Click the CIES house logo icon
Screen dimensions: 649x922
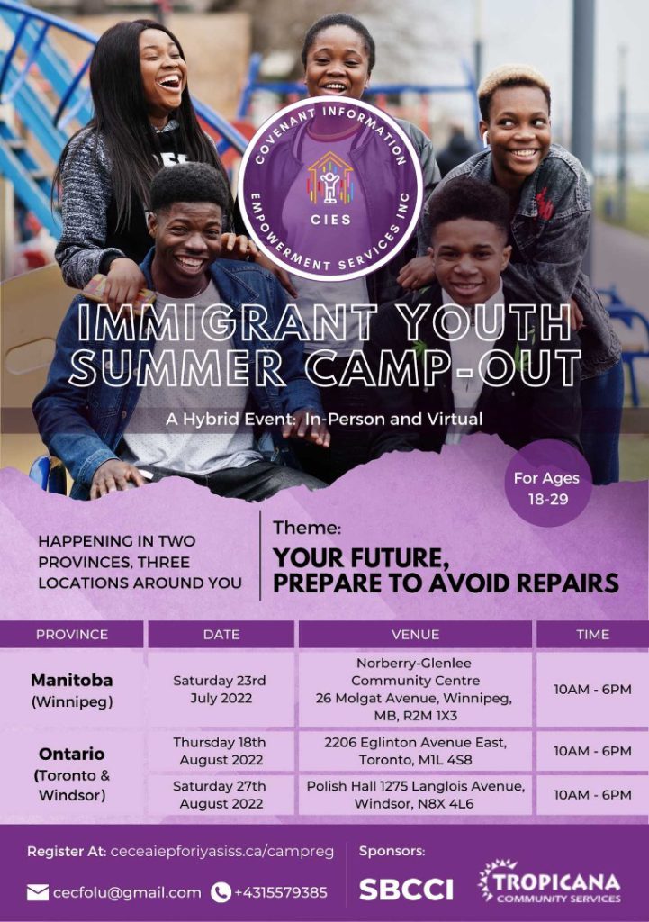(329, 179)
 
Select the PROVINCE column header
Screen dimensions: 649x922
(72, 635)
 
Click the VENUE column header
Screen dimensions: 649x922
(415, 635)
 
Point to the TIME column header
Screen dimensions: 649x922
(592, 635)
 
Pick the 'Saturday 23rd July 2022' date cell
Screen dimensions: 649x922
(221, 689)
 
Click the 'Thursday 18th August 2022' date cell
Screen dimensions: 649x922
(221, 751)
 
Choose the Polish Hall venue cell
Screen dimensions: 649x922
(415, 794)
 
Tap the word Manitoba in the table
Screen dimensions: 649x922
(72, 681)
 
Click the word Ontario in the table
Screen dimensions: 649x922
(72, 754)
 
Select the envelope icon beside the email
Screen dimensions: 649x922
(38, 892)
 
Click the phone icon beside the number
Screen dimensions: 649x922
(221, 892)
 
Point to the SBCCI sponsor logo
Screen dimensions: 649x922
(406, 890)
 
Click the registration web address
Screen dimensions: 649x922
(222, 852)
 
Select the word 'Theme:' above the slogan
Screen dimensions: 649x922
(307, 528)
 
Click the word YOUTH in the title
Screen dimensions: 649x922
(488, 323)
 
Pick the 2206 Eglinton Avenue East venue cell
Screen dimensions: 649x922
(415, 751)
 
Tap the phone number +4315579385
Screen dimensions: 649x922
(281, 892)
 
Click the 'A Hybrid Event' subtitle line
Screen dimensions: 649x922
(324, 420)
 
